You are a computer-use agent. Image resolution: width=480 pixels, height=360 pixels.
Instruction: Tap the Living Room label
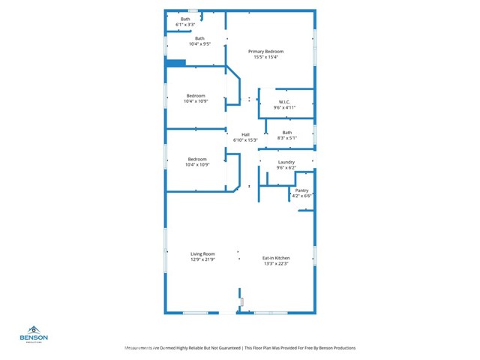coord(202,253)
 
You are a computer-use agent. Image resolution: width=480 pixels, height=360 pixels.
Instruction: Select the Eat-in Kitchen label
coord(276,258)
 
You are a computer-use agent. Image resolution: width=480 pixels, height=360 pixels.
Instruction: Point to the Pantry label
coord(301,190)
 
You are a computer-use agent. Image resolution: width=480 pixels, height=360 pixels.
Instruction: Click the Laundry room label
coord(286,162)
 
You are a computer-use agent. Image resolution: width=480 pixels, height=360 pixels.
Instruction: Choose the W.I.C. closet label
coord(285,102)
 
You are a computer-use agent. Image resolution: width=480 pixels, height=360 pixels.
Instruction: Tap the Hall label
coord(245,134)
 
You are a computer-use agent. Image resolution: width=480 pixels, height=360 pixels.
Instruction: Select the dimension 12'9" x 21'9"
coord(202,259)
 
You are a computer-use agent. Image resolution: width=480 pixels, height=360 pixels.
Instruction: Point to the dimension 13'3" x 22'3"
coord(276,263)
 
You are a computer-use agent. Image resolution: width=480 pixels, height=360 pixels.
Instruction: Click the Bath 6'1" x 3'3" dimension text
coord(185,25)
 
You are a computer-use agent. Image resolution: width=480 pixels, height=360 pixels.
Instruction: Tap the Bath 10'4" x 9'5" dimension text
coord(199,43)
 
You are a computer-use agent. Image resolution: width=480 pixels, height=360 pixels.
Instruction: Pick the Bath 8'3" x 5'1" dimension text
coord(287,138)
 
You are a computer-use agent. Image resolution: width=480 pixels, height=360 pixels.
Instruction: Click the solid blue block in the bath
coord(175,63)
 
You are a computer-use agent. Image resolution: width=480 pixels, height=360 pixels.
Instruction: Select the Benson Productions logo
coord(34,334)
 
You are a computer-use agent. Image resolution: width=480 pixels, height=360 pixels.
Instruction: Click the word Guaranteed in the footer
coord(225,348)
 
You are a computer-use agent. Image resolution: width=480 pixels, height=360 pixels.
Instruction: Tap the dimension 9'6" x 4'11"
coord(285,107)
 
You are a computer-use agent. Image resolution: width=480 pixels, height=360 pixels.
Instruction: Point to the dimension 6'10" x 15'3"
coord(245,139)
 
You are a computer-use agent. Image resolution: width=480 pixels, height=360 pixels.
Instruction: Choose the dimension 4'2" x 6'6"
coord(301,196)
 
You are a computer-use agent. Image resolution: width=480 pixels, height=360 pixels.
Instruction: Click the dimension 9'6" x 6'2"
coord(286,167)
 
